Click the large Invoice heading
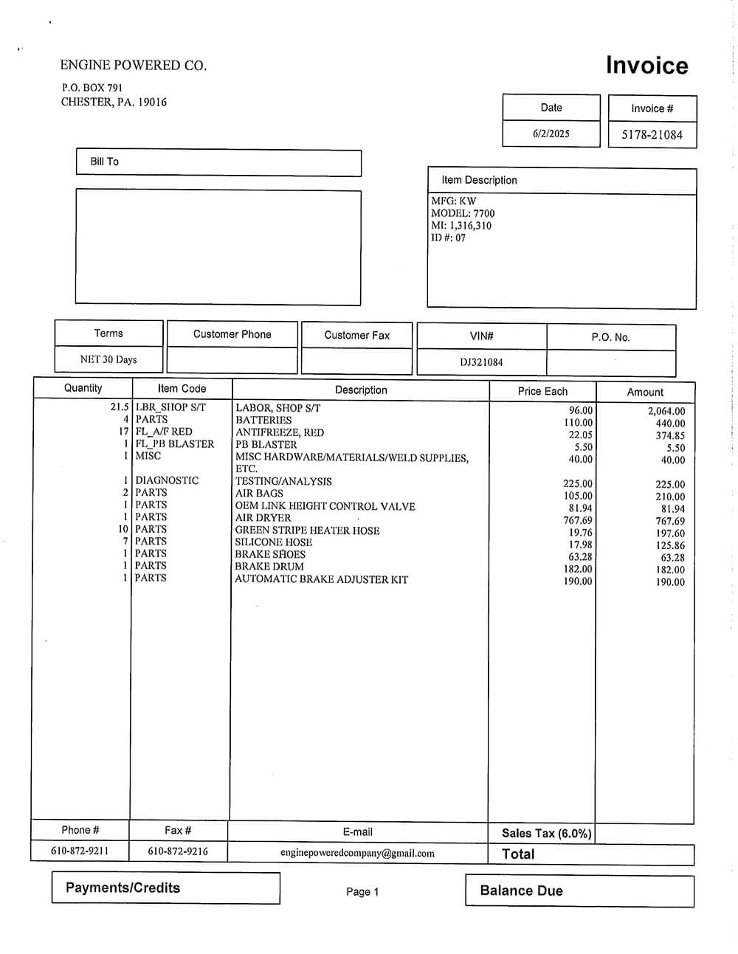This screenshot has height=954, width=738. pos(646,66)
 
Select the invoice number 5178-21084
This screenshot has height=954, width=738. pos(652,134)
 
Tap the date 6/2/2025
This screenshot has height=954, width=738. pos(551,134)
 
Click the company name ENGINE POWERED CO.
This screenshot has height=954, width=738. pos(133,65)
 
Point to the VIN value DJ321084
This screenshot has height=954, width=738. pos(481,362)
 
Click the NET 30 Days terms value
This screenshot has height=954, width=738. pos(108,359)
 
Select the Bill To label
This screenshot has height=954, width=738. pos(104,162)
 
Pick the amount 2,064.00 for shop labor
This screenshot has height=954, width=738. pos(666,411)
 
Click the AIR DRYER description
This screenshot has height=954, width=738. pos(263,518)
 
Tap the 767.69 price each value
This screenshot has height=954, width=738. pos(577,520)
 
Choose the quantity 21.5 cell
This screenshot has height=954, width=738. pos(120,407)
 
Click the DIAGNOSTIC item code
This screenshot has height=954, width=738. pos(167,480)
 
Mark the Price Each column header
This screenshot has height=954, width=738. pos(542,391)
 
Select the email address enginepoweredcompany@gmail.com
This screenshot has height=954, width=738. pos(357,853)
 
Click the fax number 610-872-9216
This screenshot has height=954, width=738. pos(178,851)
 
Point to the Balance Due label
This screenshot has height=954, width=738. pos(521,891)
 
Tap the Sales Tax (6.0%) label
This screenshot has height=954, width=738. pos(546,833)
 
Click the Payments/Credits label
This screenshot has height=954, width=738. pos(123,888)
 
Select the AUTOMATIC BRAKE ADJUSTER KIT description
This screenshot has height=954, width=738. pos(321,579)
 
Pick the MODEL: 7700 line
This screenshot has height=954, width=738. pos(463,213)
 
